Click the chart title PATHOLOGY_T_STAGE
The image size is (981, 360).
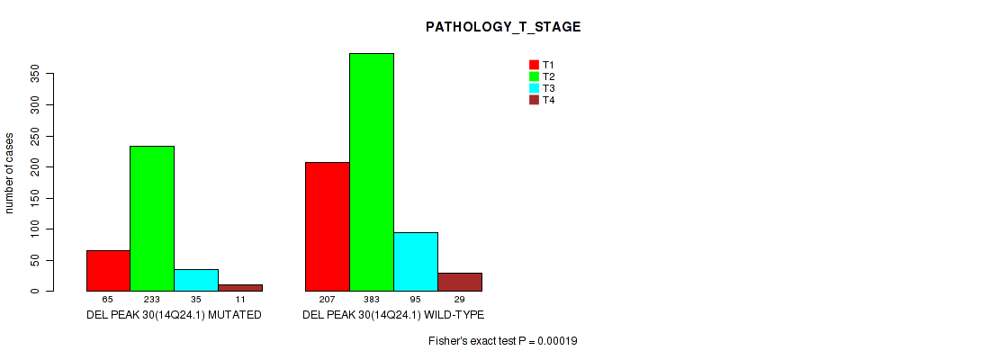[x=503, y=27]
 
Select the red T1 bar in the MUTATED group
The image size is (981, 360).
[x=108, y=271]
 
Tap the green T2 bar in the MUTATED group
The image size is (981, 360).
[x=152, y=219]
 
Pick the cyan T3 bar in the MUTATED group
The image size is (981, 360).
[x=196, y=280]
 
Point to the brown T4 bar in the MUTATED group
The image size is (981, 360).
[x=240, y=288]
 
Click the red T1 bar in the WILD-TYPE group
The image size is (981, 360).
[x=328, y=227]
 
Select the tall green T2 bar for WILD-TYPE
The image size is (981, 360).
[x=372, y=172]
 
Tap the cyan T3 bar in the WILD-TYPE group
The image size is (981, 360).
[x=416, y=262]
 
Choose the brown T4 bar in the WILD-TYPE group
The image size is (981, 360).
[x=460, y=282]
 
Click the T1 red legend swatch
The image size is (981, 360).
[x=535, y=65]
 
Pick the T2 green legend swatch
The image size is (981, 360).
[x=535, y=76]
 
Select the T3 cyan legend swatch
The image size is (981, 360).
[x=535, y=88]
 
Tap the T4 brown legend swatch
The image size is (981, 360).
[x=535, y=100]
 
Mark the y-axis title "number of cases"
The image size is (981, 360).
[x=9, y=173]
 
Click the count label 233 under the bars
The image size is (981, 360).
[x=152, y=300]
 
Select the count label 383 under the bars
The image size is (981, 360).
[x=372, y=300]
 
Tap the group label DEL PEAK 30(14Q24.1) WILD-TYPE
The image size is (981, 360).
[x=393, y=315]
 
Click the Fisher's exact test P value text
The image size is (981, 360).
[x=503, y=341]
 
